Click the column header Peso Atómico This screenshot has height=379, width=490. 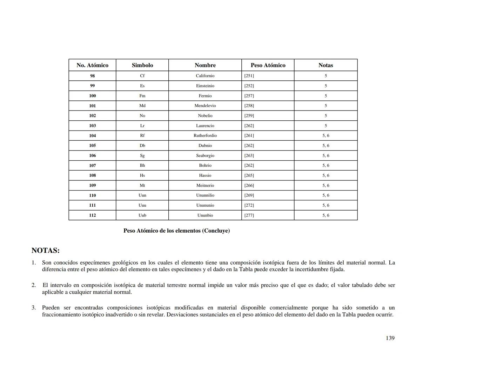coord(268,65)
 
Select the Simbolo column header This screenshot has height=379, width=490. coord(142,65)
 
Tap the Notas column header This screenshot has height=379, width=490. coord(325,65)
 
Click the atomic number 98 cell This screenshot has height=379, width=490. coord(92,76)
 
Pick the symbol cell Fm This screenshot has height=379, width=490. coord(142,96)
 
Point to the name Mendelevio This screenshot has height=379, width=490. coord(205,106)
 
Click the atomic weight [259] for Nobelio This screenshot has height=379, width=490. coord(249,115)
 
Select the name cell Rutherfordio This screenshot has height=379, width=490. coord(205,135)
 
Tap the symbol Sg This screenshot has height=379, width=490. coord(142,155)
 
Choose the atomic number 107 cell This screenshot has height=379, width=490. coord(92,165)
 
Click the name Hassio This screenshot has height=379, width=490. coord(205,175)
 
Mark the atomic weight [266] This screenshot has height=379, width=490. coord(249,185)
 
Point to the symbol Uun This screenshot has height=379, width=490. coord(142,195)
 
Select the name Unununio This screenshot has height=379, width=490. coord(205,205)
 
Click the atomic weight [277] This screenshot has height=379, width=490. coord(249,215)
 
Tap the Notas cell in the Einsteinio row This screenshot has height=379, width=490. coord(325,86)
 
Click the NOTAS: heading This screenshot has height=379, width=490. coord(46,251)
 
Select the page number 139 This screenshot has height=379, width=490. coord(390,338)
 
